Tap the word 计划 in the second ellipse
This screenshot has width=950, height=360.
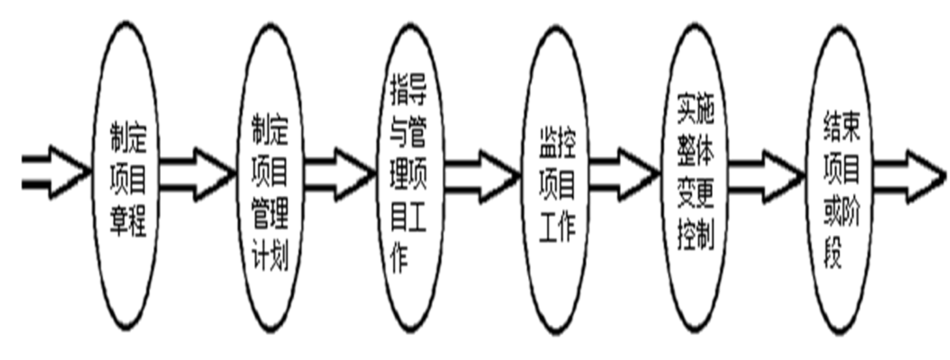pos(271,258)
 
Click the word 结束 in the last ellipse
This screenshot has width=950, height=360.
pos(842,127)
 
